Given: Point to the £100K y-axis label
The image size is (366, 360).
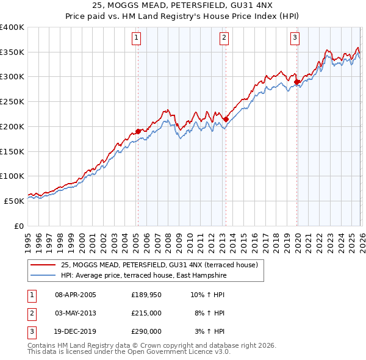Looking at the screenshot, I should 12,176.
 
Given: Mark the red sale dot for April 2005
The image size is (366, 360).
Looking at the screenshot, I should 138,131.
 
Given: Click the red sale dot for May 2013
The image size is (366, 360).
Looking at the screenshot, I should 225,119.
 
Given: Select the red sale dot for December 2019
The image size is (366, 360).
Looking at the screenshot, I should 297,82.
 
